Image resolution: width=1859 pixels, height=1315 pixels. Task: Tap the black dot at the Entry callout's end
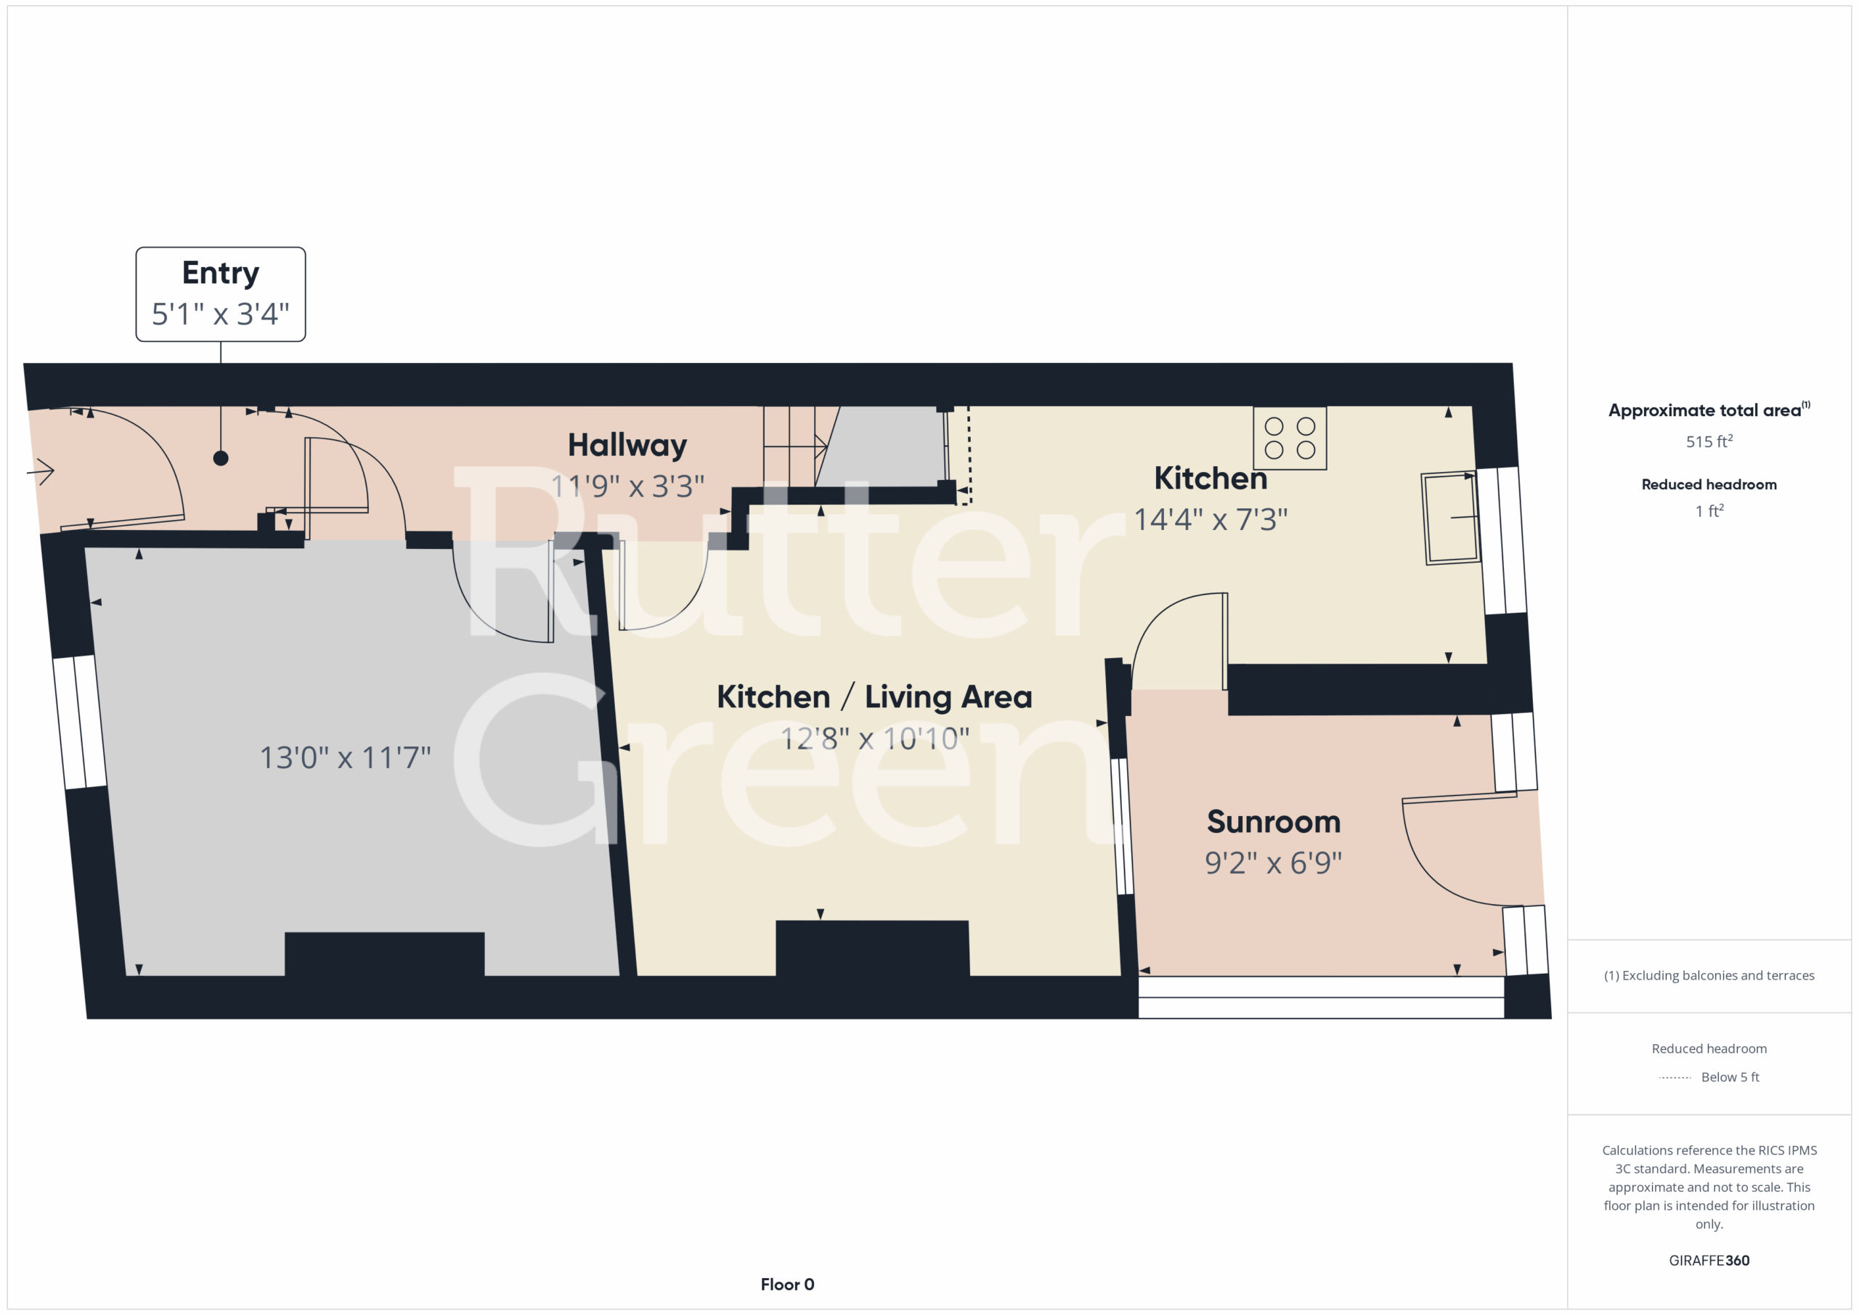click(x=220, y=458)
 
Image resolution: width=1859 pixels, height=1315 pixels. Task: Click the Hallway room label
click(x=627, y=445)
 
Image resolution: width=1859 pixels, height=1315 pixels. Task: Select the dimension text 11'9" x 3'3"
click(x=627, y=486)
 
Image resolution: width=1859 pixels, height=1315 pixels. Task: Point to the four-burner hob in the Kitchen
click(x=1290, y=438)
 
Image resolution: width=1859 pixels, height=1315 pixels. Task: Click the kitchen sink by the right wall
click(x=1451, y=518)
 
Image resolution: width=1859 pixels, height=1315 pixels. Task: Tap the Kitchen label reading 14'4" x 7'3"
click(x=1211, y=479)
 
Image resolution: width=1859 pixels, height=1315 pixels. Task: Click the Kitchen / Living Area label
click(x=874, y=697)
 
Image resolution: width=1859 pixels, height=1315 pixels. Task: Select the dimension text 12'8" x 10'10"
click(x=874, y=738)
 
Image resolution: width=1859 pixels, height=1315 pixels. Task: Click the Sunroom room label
click(x=1274, y=822)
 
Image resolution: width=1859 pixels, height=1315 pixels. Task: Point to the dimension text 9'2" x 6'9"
click(x=1274, y=863)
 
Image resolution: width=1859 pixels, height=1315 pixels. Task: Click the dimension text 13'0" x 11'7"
click(x=345, y=758)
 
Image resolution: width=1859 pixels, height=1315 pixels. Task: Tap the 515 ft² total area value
click(x=1709, y=441)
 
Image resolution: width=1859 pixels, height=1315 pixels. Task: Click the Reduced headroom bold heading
click(x=1709, y=484)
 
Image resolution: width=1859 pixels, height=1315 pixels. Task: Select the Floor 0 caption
click(x=787, y=1285)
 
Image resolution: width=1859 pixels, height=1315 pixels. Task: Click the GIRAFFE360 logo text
click(x=1709, y=1260)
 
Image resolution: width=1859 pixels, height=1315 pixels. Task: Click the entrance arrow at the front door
click(x=41, y=471)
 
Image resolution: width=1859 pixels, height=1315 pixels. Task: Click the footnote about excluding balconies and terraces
click(x=1709, y=976)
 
